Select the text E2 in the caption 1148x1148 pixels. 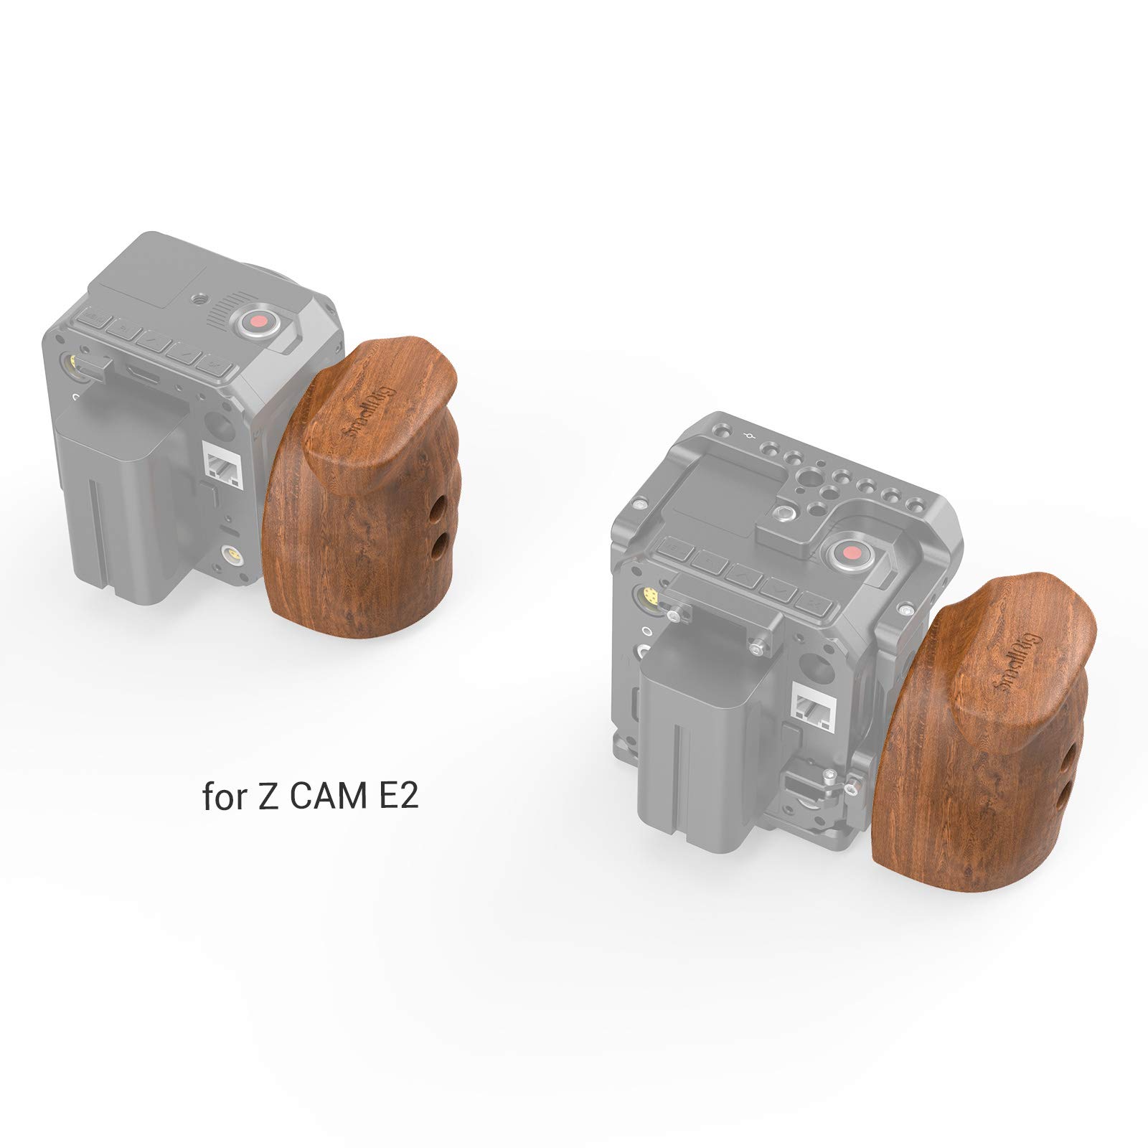pyautogui.click(x=398, y=796)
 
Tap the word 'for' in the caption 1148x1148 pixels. pyautogui.click(x=223, y=797)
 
